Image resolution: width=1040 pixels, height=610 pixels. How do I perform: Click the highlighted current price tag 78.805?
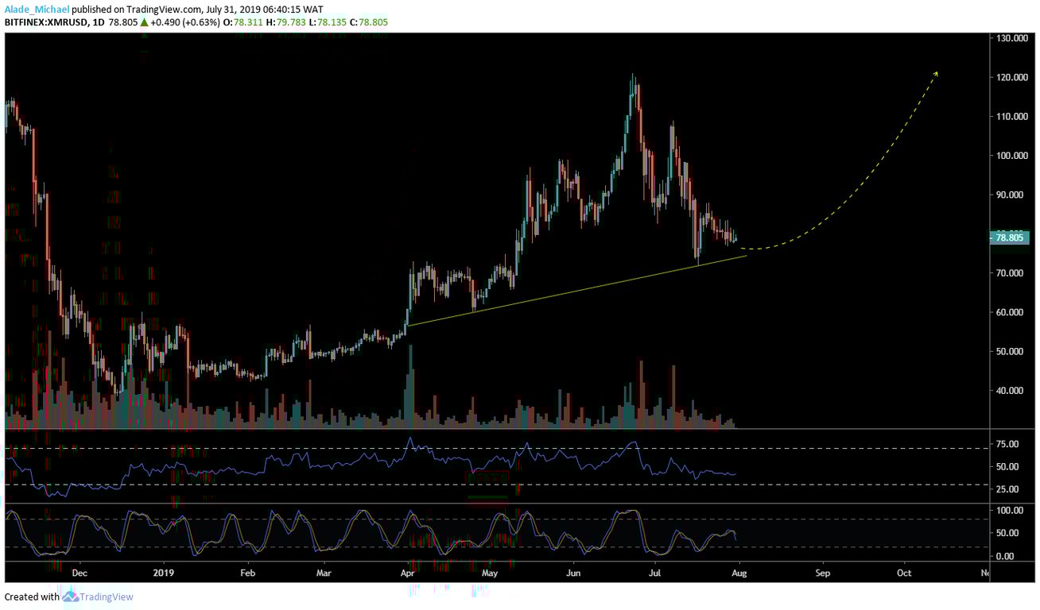click(1011, 237)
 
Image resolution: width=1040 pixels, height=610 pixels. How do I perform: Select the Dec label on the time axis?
click(78, 572)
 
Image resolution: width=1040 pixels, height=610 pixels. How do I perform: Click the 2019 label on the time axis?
click(162, 572)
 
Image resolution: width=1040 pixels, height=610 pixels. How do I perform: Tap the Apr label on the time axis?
click(408, 572)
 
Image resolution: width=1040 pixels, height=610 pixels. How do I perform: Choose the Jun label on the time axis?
click(573, 572)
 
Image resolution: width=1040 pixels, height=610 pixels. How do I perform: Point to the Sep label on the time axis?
click(822, 572)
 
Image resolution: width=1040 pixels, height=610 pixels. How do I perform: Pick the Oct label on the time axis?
click(904, 572)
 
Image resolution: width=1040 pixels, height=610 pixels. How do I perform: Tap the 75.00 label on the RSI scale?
click(1008, 444)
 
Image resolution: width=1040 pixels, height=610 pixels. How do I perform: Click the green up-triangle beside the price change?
click(144, 21)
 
